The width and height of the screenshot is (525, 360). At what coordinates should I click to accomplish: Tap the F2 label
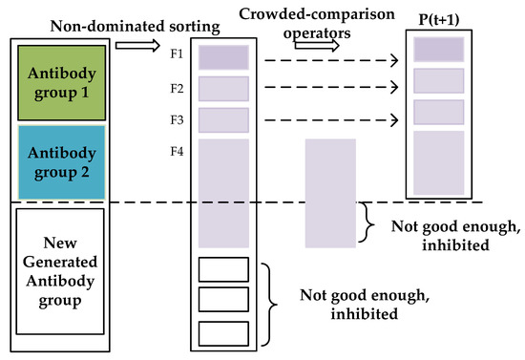tap(178, 89)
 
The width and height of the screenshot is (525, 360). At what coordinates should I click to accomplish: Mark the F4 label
tap(178, 151)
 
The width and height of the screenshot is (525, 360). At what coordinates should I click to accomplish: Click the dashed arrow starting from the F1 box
tap(329, 60)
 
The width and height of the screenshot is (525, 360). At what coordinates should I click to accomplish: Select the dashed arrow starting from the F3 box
tap(329, 120)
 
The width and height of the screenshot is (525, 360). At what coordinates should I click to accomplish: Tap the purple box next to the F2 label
tap(223, 89)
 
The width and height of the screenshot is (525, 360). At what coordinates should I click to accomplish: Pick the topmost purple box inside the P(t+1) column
tap(439, 49)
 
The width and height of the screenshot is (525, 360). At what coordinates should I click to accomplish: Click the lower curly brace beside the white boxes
tap(274, 297)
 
